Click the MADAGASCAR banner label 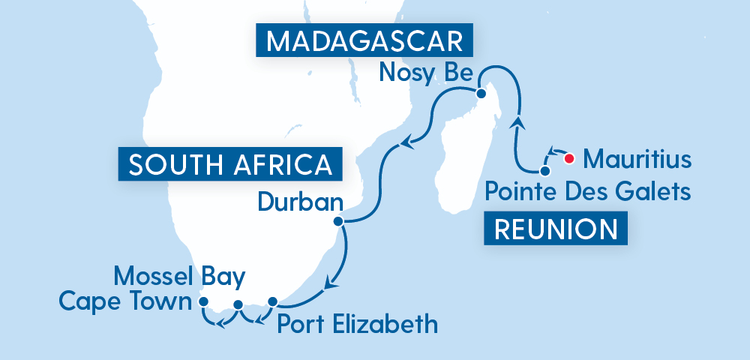(x=366, y=40)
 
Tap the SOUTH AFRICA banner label (x=230, y=163)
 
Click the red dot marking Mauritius (x=569, y=158)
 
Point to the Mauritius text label (x=637, y=159)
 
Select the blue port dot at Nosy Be (x=481, y=93)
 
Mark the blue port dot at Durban (x=338, y=221)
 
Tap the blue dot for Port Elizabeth (x=272, y=301)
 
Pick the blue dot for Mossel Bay (x=238, y=304)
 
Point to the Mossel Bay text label (x=179, y=277)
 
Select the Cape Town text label (x=124, y=302)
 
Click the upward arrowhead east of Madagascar (x=517, y=122)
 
